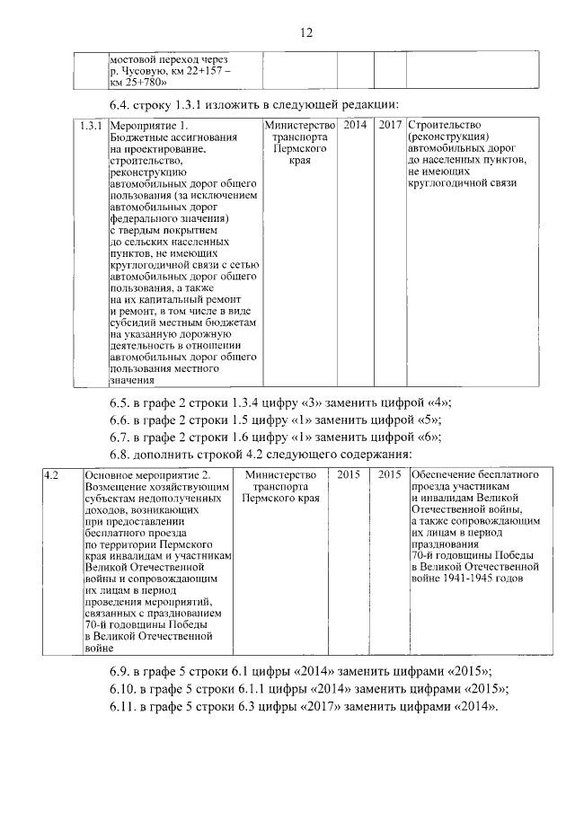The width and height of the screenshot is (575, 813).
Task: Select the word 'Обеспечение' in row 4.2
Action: [x=445, y=474]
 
